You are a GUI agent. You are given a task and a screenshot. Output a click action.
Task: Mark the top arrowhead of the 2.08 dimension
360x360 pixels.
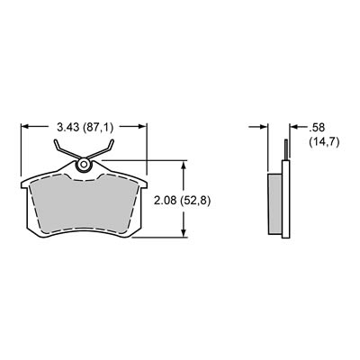click(x=184, y=165)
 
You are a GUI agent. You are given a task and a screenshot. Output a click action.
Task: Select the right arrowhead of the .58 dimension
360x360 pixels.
click(x=289, y=127)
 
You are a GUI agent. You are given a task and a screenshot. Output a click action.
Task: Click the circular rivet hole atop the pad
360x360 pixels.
click(x=85, y=165)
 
